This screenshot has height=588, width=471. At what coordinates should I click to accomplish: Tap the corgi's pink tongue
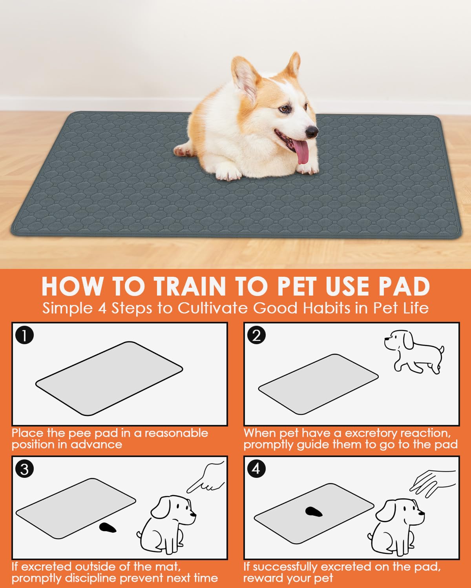[301, 151]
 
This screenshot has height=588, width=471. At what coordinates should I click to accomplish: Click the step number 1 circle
[25, 335]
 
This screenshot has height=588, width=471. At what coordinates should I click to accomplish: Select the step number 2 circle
[256, 335]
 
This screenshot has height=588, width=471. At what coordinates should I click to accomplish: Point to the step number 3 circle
[25, 469]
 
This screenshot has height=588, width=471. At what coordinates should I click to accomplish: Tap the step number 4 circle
[256, 469]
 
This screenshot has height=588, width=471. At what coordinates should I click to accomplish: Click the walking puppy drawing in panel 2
[414, 352]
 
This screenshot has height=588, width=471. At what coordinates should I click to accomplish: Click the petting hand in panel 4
[433, 483]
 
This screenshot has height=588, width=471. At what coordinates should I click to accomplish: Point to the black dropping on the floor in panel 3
[108, 528]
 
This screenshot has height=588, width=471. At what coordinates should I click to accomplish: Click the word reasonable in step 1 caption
[176, 433]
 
